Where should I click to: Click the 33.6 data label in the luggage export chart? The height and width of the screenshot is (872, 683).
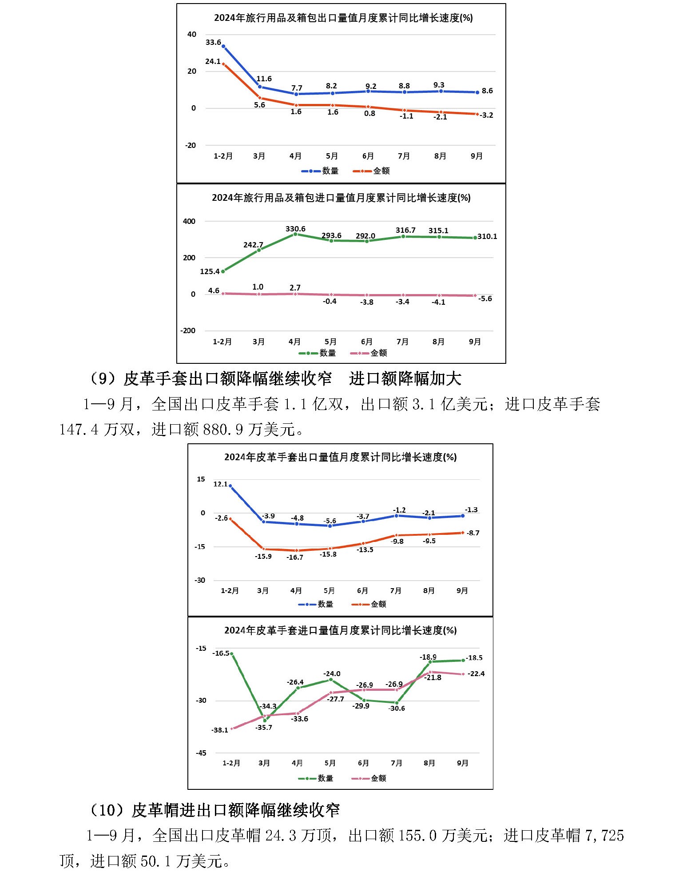point(213,43)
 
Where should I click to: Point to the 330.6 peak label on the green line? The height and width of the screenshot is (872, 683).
point(295,229)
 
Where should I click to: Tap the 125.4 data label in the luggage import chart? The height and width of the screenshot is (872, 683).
point(210,271)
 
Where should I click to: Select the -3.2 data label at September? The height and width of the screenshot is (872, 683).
point(487,115)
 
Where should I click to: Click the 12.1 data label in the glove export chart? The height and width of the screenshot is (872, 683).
point(220,484)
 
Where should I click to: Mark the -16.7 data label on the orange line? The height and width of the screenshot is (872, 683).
point(295,557)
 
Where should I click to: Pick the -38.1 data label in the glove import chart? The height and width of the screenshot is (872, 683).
point(220,730)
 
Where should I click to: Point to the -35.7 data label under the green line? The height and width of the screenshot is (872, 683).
point(264,727)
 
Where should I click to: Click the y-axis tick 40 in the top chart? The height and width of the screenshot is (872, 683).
point(192,35)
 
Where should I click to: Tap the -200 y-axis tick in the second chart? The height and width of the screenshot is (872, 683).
point(188,330)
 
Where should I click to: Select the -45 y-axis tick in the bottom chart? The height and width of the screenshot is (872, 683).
point(201,753)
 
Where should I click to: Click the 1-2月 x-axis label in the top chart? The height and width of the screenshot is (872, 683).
point(223,156)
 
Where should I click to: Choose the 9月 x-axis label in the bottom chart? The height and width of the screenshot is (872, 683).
point(463,763)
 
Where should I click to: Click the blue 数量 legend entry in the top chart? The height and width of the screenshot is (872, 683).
point(320,171)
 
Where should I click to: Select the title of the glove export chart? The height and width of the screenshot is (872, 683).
point(340,457)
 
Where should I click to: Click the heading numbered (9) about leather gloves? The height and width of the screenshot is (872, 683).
point(275,379)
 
